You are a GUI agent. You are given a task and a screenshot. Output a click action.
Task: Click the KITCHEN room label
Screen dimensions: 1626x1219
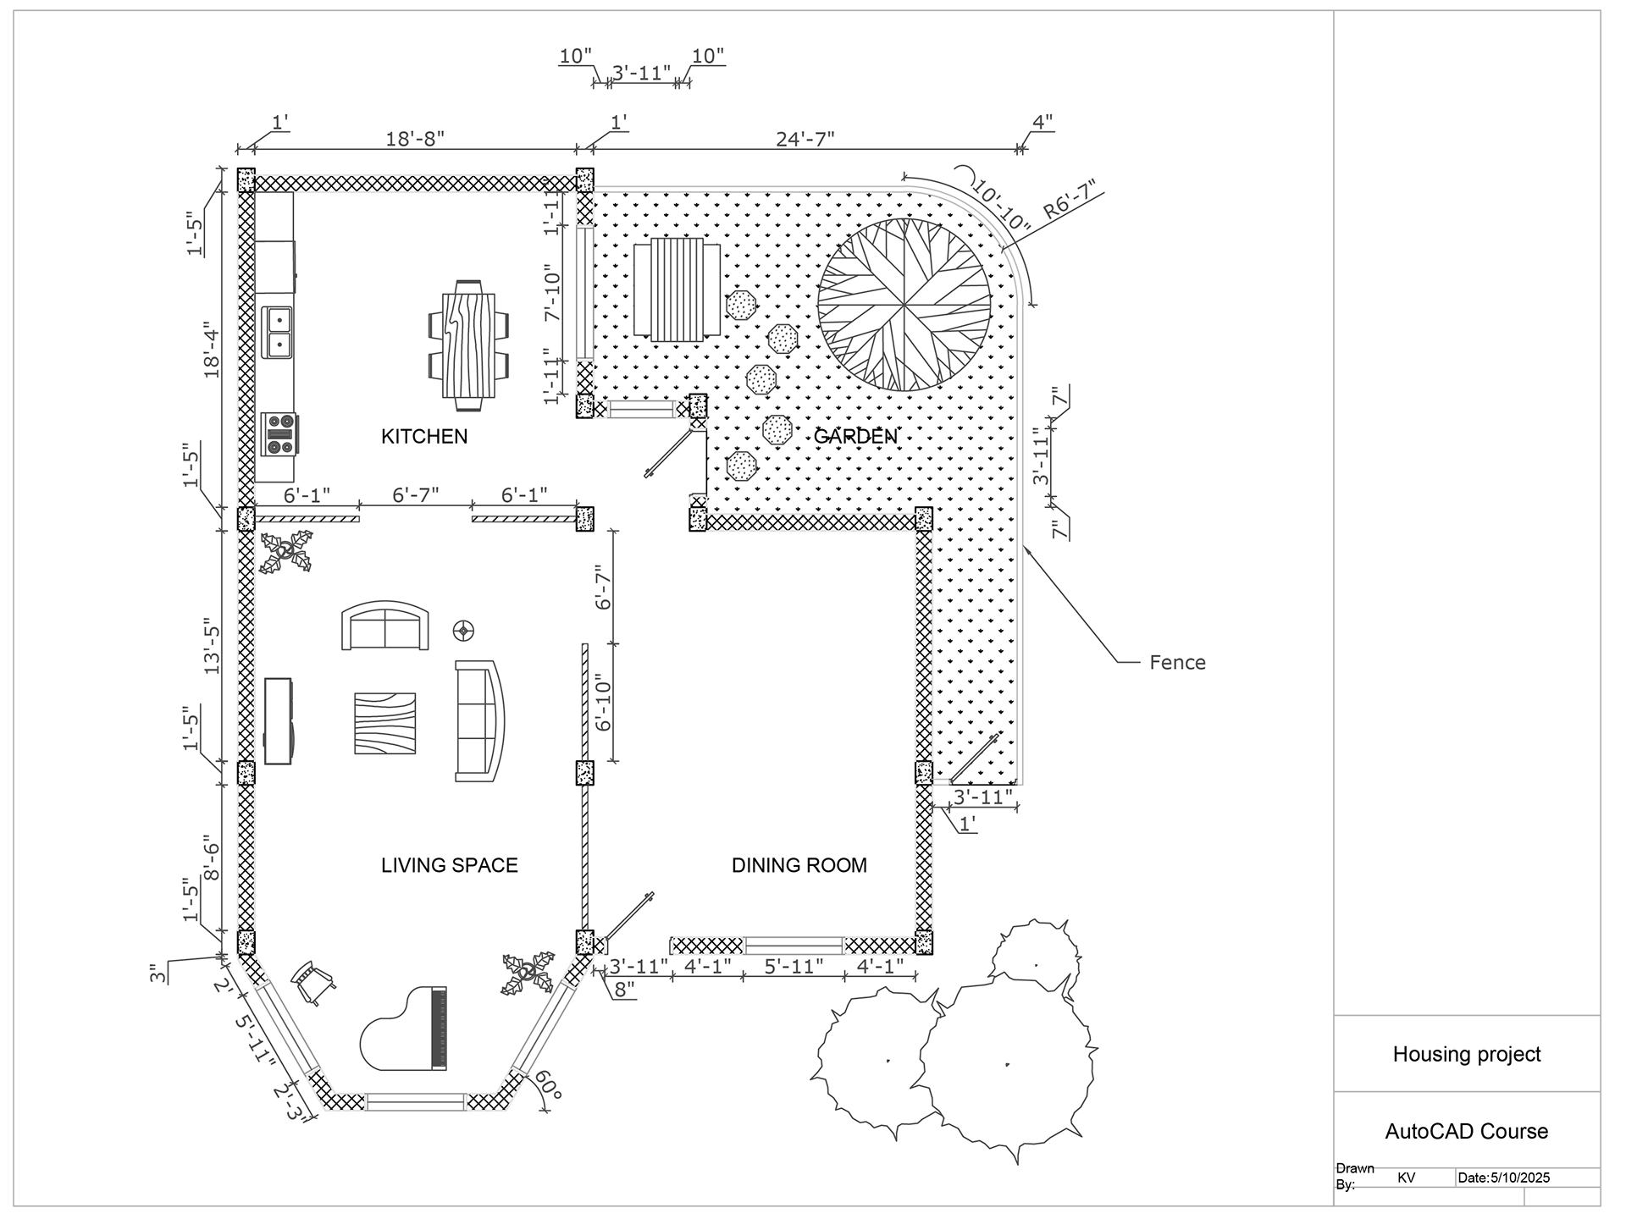(x=424, y=436)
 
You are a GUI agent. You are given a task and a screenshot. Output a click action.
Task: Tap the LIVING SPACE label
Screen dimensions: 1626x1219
(x=449, y=865)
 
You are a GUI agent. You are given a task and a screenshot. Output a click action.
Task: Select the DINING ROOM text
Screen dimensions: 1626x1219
(x=799, y=865)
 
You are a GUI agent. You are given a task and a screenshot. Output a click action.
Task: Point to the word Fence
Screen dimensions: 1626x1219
(x=1177, y=662)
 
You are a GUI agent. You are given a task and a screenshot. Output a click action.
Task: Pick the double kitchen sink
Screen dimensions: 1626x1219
(x=277, y=332)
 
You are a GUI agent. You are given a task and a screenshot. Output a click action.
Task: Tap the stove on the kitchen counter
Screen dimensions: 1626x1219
(x=279, y=435)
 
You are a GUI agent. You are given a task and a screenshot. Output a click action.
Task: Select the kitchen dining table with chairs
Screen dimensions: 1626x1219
(x=469, y=345)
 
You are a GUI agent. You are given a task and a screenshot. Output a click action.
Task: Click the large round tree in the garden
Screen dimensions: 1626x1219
(x=904, y=305)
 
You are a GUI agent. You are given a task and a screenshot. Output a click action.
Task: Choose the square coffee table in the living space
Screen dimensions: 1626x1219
(x=385, y=723)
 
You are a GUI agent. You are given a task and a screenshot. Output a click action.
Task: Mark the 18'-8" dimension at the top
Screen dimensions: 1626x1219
(x=415, y=138)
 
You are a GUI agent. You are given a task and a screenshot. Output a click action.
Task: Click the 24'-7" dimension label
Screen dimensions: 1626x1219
(x=805, y=138)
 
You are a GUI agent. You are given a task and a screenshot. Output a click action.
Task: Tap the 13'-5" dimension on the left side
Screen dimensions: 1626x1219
(x=212, y=649)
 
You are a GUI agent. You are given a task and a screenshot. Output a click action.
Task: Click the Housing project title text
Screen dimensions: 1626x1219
(x=1467, y=1054)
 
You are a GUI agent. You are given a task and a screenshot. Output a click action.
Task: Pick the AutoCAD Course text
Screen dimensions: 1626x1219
(x=1467, y=1131)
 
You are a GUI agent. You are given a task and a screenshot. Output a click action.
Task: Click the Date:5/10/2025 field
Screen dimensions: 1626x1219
(x=1505, y=1178)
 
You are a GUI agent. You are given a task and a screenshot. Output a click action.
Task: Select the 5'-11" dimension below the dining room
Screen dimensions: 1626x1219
(x=794, y=966)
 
